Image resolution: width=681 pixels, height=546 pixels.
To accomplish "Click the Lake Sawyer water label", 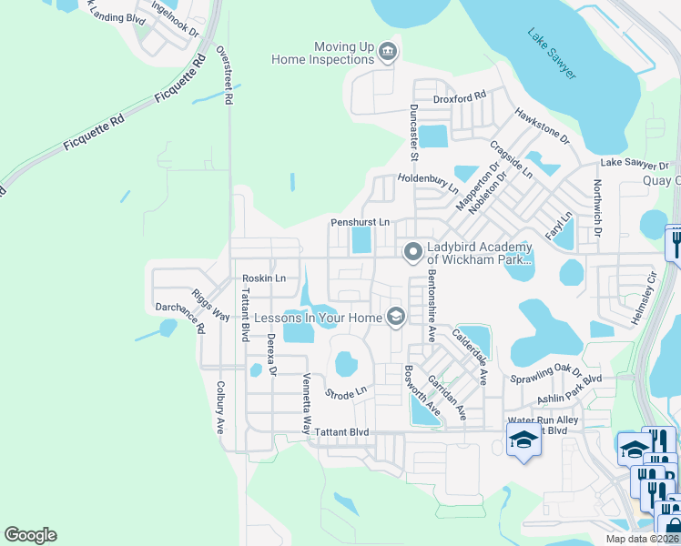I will pyautogui.click(x=552, y=54).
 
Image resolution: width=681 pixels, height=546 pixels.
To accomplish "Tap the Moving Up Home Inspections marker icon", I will pyautogui.click(x=388, y=51).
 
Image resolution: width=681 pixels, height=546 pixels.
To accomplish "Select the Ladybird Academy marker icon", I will pyautogui.click(x=413, y=250).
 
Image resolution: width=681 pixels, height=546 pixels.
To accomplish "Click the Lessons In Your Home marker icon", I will pyautogui.click(x=395, y=316).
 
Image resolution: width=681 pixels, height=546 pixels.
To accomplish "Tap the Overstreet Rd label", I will pyautogui.click(x=228, y=74).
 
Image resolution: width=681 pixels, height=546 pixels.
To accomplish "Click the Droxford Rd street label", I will pyautogui.click(x=460, y=95).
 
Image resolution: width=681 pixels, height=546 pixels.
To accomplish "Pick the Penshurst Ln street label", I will pyautogui.click(x=360, y=222).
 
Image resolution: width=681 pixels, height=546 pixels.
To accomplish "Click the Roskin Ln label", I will pyautogui.click(x=264, y=278).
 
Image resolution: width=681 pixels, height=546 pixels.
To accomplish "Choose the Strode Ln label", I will pyautogui.click(x=345, y=392).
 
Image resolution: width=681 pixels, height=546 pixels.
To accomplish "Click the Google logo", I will pyautogui.click(x=30, y=535).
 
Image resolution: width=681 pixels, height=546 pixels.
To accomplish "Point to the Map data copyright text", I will pyautogui.click(x=641, y=539).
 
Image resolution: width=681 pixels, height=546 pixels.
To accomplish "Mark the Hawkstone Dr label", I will pyautogui.click(x=541, y=126).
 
